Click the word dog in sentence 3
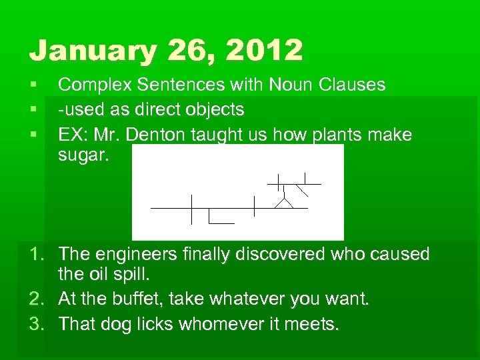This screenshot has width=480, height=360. click(x=115, y=324)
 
